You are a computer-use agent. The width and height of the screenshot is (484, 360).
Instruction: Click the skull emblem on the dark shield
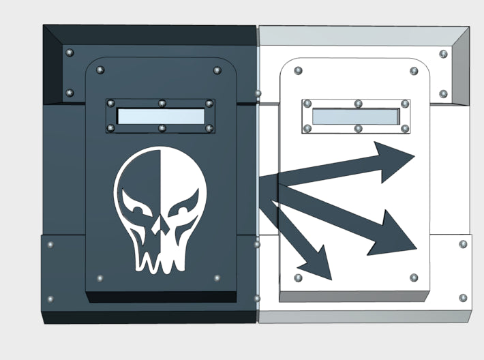click(160, 211)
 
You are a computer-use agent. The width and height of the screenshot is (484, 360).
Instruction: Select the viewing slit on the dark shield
click(161, 116)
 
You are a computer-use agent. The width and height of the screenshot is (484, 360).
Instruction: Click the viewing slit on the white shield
click(356, 116)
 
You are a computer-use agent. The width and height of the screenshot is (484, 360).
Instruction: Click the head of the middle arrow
click(395, 235)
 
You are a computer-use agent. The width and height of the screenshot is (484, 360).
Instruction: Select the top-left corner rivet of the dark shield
click(100, 70)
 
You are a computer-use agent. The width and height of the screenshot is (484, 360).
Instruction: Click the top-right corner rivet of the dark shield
click(217, 70)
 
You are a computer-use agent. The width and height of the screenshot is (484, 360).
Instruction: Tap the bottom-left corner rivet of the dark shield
click(100, 278)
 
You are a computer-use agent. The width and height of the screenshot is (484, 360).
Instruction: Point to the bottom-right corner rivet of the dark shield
click(217, 278)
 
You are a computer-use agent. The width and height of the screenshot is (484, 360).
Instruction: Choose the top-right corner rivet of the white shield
click(413, 70)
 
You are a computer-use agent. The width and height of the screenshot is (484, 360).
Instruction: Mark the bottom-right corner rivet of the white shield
click(413, 277)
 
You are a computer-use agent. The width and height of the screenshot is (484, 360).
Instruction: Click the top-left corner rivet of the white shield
click(298, 70)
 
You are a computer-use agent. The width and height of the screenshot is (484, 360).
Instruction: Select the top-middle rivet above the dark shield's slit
click(162, 104)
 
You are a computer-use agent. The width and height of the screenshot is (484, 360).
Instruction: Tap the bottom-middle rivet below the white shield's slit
click(358, 128)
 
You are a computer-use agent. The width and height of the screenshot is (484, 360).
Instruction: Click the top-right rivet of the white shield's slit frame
click(405, 104)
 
